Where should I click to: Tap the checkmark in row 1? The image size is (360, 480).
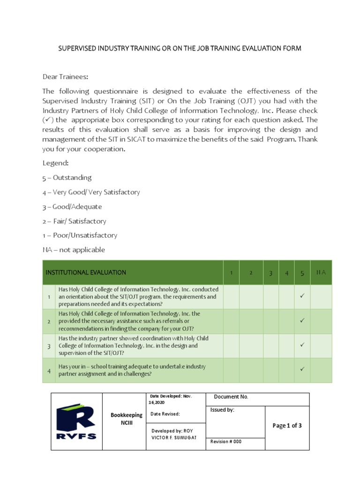pos(302,296)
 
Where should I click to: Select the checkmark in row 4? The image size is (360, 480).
pos(302,370)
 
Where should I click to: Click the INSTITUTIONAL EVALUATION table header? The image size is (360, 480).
pos(86,272)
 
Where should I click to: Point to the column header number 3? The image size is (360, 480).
pos(270,273)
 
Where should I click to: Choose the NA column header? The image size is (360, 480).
pos(321,272)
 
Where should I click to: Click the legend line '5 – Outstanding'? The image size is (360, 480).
pos(67,178)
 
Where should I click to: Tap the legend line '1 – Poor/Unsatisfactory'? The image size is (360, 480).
pos(80,235)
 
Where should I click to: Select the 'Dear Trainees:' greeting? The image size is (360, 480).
pos(65,76)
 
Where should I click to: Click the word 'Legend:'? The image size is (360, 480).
pos(55,163)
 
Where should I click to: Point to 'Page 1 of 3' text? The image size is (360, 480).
pos(287,426)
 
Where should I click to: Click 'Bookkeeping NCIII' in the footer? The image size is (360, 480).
pos(126,419)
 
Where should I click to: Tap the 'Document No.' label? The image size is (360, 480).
pos(231,397)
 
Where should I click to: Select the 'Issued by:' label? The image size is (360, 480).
pos(222,410)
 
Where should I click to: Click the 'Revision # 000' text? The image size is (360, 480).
pos(226,442)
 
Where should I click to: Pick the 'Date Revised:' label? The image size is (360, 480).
pos(165,414)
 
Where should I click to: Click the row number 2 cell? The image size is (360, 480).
pos(49,321)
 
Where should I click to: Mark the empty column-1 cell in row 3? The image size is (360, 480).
pos(231,345)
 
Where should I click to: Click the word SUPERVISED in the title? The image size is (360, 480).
pos(77,48)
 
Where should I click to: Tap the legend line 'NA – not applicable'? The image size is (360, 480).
pos(74,250)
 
